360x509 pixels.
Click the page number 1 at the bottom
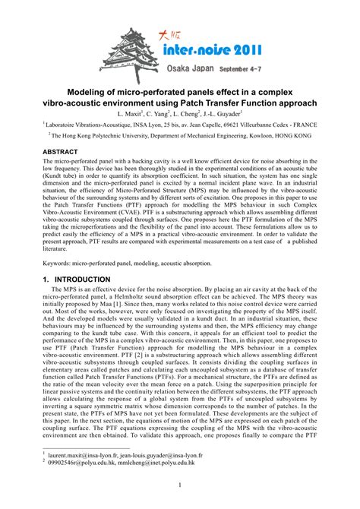coord(180,485)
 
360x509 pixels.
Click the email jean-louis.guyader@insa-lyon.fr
coord(181,453)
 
